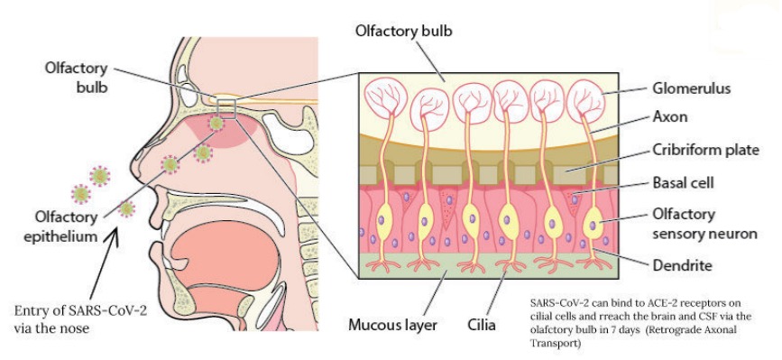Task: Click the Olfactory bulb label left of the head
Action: point(78,78)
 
